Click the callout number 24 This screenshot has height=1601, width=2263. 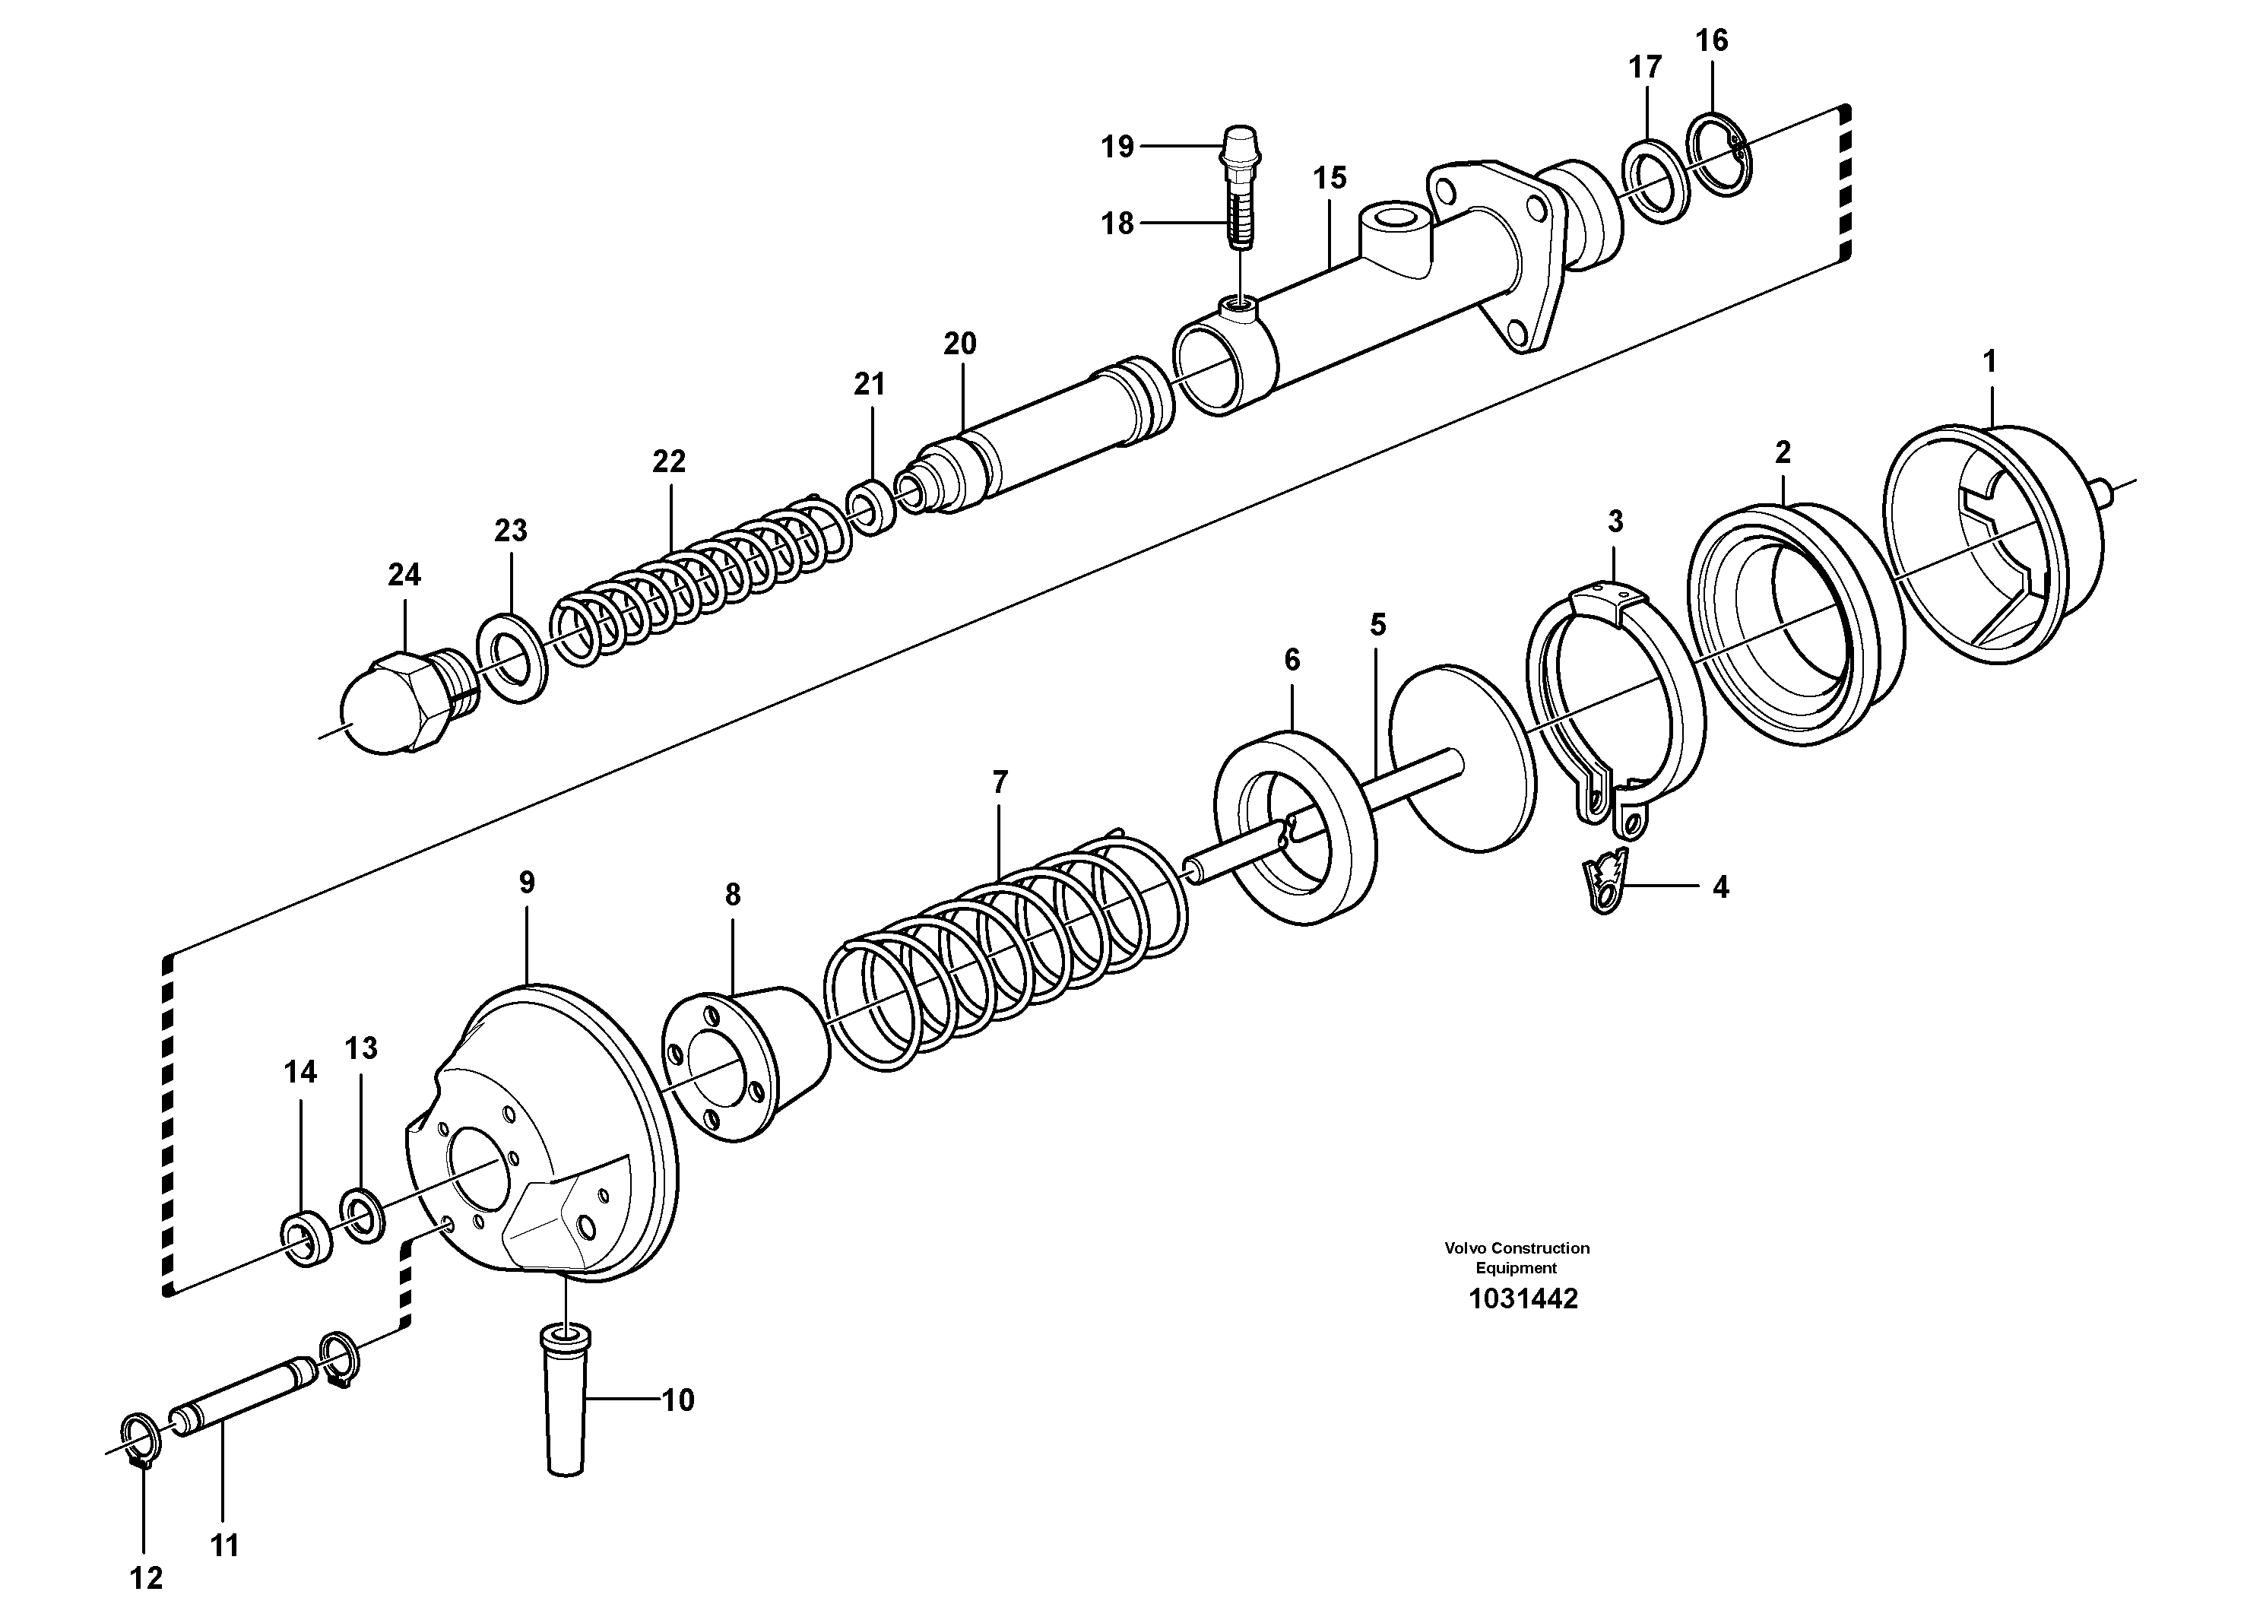click(404, 575)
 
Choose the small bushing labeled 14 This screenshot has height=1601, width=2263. click(306, 1241)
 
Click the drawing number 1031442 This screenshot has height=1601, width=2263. click(1522, 1298)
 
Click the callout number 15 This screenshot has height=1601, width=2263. click(1329, 179)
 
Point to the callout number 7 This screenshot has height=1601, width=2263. click(1000, 783)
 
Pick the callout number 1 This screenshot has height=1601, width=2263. click(1989, 362)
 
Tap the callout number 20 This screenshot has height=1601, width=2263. click(959, 344)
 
